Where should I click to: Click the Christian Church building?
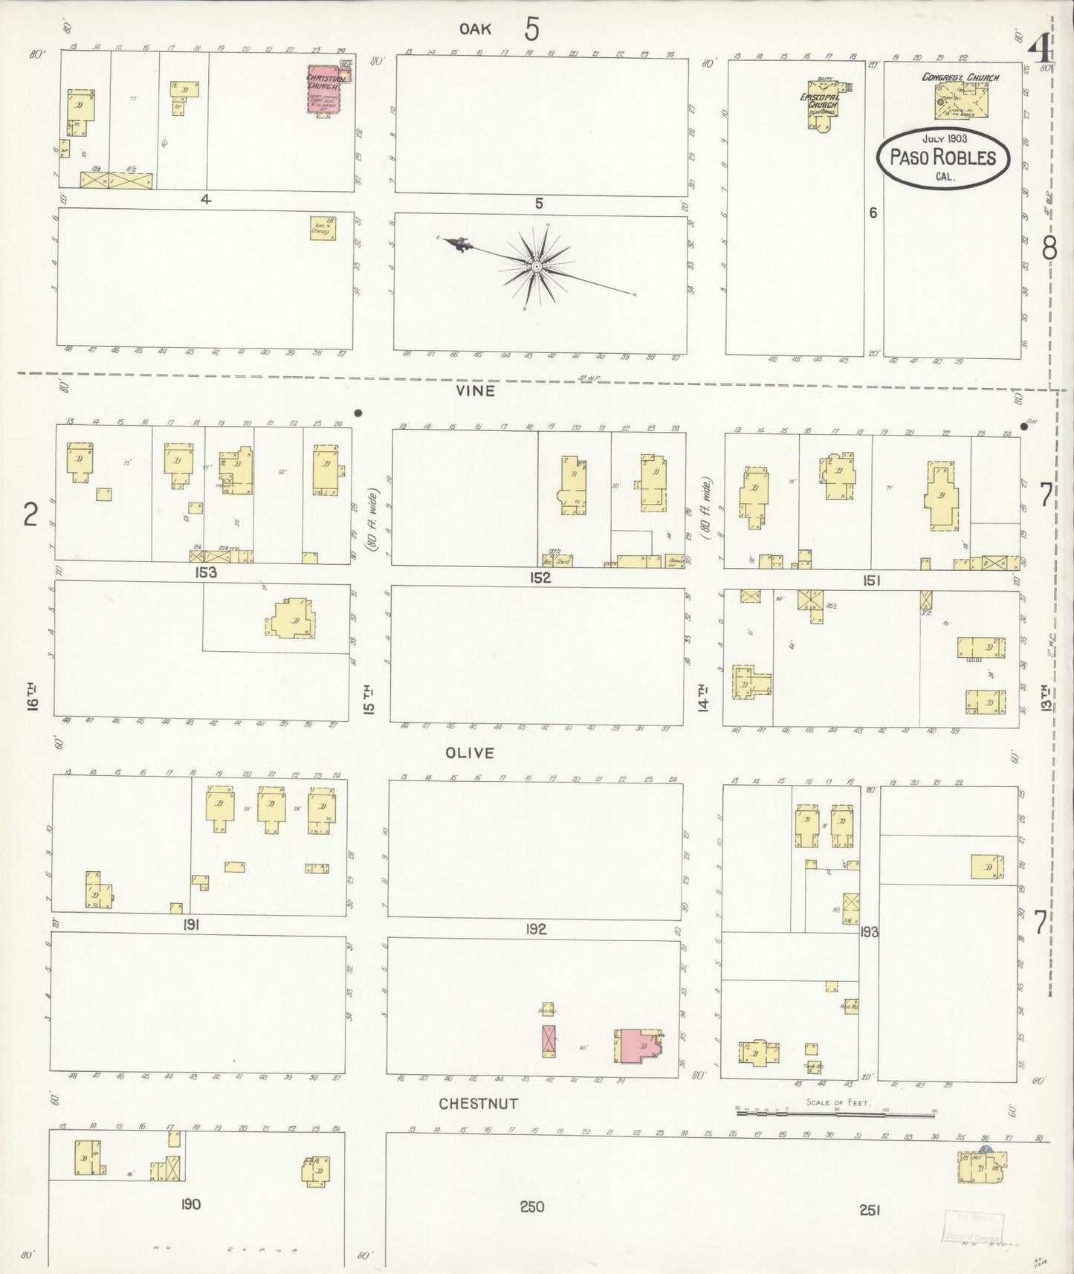tap(324, 91)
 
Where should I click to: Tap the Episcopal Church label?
tap(819, 101)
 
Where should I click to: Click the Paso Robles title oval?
tap(942, 158)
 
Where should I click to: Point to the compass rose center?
tap(536, 265)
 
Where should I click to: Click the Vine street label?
tap(476, 390)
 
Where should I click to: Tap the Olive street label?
tap(469, 753)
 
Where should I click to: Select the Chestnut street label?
tap(478, 1104)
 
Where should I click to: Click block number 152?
tap(540, 578)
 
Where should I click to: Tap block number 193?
tap(869, 931)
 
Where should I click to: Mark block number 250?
tap(532, 1206)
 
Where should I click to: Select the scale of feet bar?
tap(835, 1115)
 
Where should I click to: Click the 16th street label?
tap(31, 698)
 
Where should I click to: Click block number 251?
tap(870, 1210)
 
